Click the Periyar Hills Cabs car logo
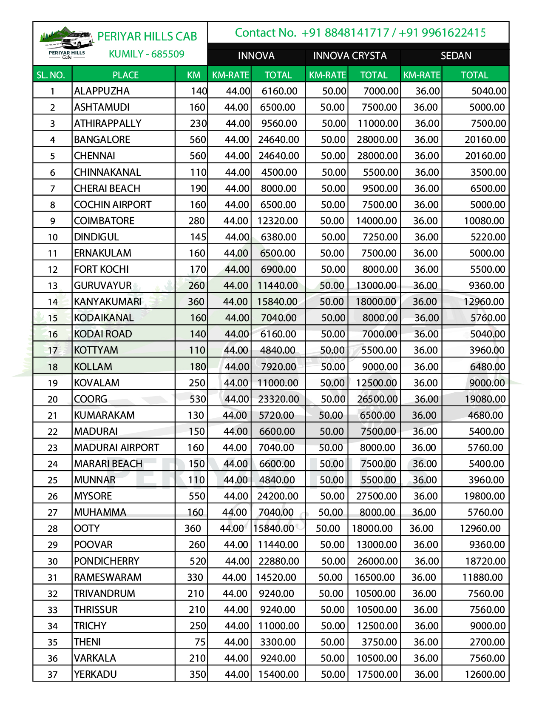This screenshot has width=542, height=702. tap(67, 43)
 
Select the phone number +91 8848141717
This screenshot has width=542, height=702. tap(345, 33)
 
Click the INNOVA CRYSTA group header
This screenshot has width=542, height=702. tap(350, 56)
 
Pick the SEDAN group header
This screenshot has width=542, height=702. tap(456, 56)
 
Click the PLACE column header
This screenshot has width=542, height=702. tap(125, 75)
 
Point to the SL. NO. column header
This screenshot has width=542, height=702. tap(51, 75)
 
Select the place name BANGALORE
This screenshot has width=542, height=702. tap(102, 140)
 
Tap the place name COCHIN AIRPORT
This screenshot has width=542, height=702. tap(113, 205)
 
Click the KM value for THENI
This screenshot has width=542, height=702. tap(200, 642)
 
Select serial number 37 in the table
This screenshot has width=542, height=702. tap(53, 674)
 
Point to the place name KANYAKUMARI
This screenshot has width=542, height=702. tap(108, 302)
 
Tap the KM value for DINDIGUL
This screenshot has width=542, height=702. tap(198, 237)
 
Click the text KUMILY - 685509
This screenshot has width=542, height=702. tap(147, 54)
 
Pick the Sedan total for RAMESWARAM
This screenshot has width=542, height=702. tap(482, 577)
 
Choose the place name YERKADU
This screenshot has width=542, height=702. tap(95, 674)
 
